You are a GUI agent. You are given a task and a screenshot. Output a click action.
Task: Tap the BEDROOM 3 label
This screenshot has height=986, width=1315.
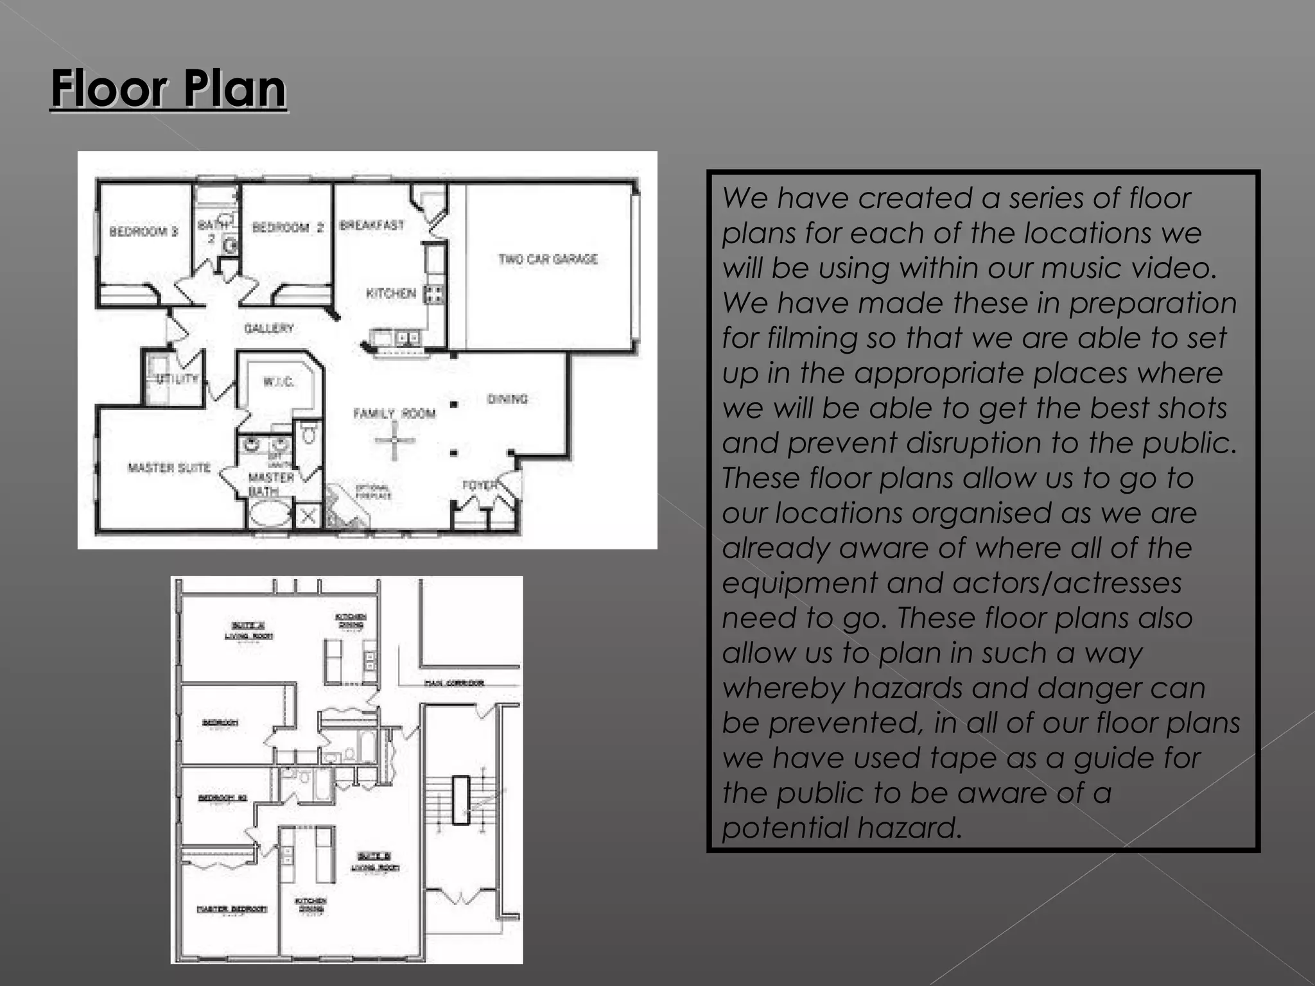coord(144,231)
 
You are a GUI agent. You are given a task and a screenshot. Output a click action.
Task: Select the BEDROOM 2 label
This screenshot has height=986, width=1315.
coord(288,227)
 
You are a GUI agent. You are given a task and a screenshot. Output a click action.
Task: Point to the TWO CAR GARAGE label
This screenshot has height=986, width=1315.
coord(548,259)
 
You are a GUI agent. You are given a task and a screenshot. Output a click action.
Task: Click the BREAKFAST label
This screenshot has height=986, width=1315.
coord(372,225)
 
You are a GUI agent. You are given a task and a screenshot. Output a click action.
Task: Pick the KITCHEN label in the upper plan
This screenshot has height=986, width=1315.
coord(391,293)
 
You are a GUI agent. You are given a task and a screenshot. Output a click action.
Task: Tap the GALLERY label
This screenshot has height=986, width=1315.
coord(268,328)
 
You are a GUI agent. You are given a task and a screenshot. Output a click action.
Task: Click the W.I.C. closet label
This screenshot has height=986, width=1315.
coord(279,382)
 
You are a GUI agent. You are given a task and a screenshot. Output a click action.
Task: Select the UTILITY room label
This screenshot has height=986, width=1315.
coord(177,378)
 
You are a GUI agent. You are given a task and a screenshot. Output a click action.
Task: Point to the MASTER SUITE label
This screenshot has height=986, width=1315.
coord(169,467)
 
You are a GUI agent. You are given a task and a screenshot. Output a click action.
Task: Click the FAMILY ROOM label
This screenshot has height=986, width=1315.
coord(394,413)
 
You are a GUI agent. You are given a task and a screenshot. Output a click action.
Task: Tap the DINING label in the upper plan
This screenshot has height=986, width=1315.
coord(507,399)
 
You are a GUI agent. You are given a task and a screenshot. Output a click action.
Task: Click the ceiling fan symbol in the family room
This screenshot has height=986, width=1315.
coord(394,440)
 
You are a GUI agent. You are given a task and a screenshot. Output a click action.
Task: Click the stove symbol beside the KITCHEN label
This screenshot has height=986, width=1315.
coord(434,294)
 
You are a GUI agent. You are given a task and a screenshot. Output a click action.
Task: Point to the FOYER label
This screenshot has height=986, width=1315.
coord(480,485)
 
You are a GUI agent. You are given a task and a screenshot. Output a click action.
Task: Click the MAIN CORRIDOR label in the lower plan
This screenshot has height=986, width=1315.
coord(454,683)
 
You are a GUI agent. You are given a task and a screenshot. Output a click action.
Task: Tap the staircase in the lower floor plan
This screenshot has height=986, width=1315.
coord(460,799)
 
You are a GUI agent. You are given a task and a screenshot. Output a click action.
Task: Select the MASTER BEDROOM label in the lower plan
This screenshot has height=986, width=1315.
coord(232,909)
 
